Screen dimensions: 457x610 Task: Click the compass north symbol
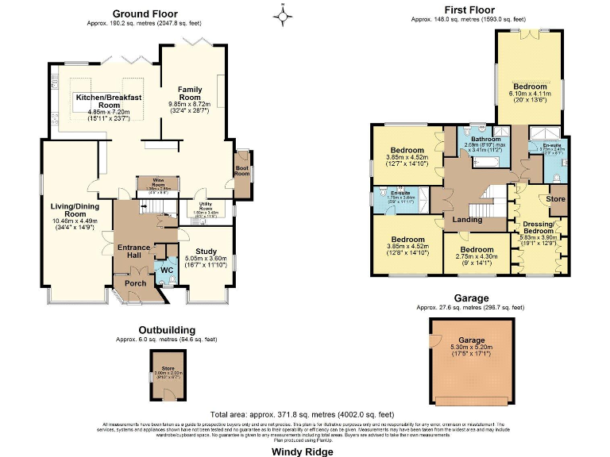[x=284, y=13]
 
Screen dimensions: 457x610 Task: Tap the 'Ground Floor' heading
[x=145, y=13]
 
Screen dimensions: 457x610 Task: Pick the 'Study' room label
[x=205, y=250]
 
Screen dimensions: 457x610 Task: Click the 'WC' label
[x=166, y=270]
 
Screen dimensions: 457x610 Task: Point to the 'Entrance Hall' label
[x=134, y=252]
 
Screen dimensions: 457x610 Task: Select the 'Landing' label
[x=468, y=220]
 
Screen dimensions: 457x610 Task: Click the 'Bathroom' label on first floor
[x=485, y=140]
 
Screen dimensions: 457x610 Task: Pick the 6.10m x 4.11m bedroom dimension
[x=529, y=93]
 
